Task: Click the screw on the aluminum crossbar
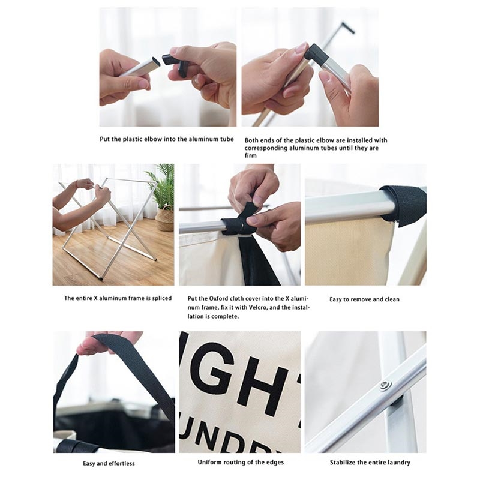[x=386, y=385]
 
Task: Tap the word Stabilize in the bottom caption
[x=342, y=463]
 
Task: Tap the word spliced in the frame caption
[x=161, y=298]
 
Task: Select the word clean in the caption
[x=392, y=299]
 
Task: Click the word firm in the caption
[x=250, y=155]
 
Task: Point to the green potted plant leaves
[x=161, y=185]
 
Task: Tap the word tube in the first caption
[x=226, y=139]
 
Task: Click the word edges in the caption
[x=275, y=463]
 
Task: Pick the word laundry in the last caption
[x=397, y=463]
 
